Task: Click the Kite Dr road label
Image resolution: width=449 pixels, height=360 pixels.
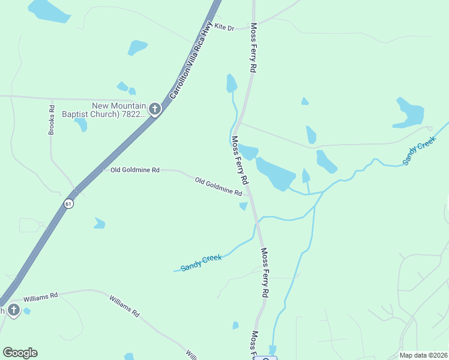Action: click(x=224, y=28)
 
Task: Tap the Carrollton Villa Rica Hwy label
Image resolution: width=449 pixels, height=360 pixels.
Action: click(x=191, y=60)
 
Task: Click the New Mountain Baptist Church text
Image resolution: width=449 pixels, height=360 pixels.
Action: click(x=119, y=110)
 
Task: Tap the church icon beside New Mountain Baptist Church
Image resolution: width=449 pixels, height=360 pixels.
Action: click(x=155, y=109)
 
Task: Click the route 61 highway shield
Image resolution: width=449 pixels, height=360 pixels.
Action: click(x=70, y=203)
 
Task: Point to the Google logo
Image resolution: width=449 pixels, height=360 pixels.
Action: click(x=20, y=353)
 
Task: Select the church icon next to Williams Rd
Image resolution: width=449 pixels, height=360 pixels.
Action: click(x=13, y=310)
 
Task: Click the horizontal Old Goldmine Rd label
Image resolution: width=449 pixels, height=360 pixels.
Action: click(x=135, y=170)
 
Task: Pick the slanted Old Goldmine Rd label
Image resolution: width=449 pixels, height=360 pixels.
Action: click(x=218, y=186)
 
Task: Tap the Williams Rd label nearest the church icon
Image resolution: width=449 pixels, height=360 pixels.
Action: click(x=40, y=296)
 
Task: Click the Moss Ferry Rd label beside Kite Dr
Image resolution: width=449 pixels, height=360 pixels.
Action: click(x=254, y=49)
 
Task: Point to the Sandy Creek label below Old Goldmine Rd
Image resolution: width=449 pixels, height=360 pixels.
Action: click(x=201, y=262)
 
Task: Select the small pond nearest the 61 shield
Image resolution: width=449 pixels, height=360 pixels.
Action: click(x=99, y=224)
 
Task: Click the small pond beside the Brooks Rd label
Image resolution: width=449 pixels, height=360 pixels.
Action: click(x=81, y=124)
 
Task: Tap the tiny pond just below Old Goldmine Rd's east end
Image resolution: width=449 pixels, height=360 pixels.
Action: click(x=243, y=206)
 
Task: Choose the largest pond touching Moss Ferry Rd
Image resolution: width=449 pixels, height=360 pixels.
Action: click(x=275, y=174)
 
